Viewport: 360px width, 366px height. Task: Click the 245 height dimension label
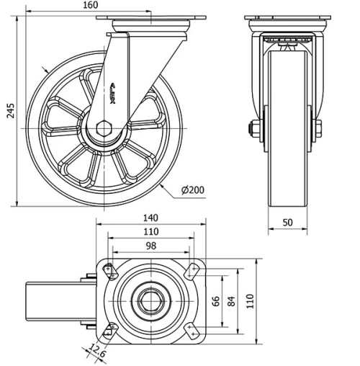point(9,110)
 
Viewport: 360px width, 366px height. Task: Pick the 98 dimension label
point(150,246)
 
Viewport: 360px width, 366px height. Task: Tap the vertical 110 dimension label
point(251,300)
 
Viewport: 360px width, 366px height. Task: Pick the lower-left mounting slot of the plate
point(109,329)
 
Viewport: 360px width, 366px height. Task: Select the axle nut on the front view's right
point(318,130)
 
